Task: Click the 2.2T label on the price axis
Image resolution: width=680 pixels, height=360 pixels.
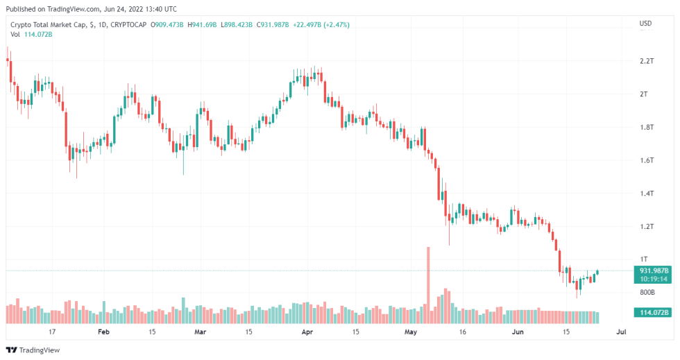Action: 647,61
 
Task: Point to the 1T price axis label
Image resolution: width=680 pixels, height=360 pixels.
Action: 643,259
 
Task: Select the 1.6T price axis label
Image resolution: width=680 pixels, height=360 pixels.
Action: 647,160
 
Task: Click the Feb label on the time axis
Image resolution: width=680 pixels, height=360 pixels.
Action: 103,332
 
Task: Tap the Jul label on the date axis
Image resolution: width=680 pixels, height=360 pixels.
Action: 621,332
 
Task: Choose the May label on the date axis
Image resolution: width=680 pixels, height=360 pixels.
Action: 411,332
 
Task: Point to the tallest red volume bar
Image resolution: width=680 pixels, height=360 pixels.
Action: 428,284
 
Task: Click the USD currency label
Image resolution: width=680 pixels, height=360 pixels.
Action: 645,24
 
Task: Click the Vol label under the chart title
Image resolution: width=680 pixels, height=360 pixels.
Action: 15,35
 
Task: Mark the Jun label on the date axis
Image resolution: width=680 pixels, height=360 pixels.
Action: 517,332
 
